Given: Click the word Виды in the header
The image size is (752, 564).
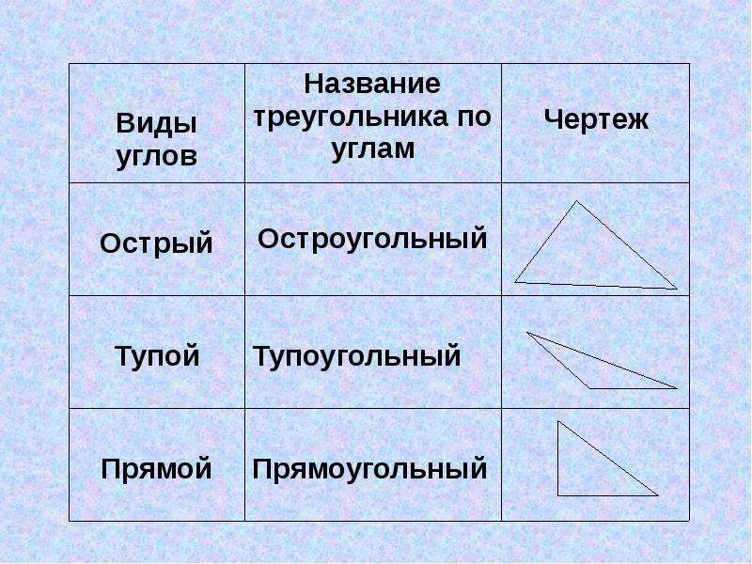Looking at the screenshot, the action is pos(156,124).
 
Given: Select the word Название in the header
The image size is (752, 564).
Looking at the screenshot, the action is pos(372,84).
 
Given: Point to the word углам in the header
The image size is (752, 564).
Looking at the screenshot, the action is pos(373,149).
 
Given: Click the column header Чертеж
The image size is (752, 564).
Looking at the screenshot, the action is pos(596,119).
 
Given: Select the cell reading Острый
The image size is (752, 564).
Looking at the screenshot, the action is pos(156,243).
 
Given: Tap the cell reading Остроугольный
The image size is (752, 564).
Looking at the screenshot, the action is pos(372,239).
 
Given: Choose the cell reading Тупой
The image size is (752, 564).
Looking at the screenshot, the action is pos(157,357).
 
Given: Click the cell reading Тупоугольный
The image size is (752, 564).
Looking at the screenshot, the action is pos(357,356).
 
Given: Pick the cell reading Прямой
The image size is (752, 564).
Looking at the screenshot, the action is pos(156,468).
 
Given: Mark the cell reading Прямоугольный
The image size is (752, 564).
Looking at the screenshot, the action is pos(369,469).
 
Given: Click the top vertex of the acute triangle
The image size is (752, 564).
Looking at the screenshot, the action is pos(576,201).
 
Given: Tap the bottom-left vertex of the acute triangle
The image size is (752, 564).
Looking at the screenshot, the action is pos(514,282).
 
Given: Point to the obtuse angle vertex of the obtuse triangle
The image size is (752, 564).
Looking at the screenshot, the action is pos(589,388).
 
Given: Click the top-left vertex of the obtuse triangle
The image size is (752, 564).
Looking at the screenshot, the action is pos(527,332).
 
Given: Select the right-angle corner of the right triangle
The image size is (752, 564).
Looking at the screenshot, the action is pos(557,495).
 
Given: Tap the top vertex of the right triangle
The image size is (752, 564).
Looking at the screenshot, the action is pos(557,421).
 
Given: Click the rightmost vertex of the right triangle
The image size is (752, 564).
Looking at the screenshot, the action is pos(658,495).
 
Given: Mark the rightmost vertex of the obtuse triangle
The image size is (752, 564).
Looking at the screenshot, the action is pos(677,388).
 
